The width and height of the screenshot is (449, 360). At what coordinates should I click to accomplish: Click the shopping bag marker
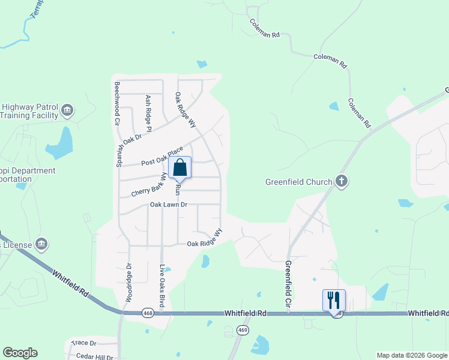[180, 168]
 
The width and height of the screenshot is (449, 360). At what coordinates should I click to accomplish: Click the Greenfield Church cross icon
[342, 181]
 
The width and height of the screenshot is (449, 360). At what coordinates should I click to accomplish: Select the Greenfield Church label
[299, 182]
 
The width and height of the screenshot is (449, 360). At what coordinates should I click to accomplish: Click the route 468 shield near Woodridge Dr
[147, 313]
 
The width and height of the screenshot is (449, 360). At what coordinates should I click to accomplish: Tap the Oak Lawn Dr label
[169, 205]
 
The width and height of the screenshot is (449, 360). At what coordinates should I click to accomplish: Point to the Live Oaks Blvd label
[161, 286]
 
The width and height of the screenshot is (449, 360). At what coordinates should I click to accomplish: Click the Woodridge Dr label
[128, 283]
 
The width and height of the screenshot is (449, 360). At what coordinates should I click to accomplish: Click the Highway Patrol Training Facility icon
[67, 111]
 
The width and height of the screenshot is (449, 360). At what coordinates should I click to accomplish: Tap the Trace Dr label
[83, 343]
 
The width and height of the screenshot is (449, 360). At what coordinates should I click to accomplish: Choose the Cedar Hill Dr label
[94, 356]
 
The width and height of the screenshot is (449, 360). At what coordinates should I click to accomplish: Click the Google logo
[20, 353]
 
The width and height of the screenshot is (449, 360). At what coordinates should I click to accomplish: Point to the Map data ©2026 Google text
[412, 355]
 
